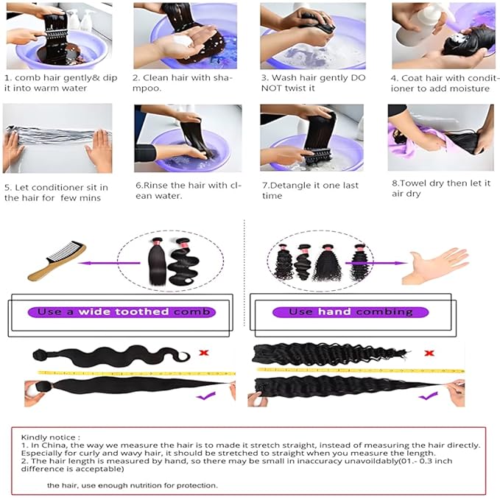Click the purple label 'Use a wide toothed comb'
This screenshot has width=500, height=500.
click(x=122, y=312)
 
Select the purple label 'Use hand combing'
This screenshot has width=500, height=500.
click(x=351, y=312)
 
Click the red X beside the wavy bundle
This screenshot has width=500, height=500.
click(x=204, y=353)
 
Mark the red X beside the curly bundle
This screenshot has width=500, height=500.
click(x=429, y=353)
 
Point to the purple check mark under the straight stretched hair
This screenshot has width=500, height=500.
click(x=205, y=396)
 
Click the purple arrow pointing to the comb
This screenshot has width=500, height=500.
click(x=109, y=263)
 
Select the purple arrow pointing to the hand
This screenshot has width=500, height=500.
click(x=376, y=263)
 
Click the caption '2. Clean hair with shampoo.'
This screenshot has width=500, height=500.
click(x=183, y=83)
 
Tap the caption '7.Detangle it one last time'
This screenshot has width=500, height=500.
click(x=310, y=191)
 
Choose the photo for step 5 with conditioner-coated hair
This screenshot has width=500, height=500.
click(x=57, y=138)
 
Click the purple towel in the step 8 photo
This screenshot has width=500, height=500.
click(x=415, y=141)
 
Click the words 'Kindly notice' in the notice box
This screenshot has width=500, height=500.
click(x=50, y=437)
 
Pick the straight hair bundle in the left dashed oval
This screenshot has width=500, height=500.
click(x=158, y=261)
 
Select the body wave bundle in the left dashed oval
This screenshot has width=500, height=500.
click(x=184, y=261)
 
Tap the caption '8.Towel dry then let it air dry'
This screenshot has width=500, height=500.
click(x=441, y=188)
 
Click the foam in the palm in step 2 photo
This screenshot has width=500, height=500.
click(x=183, y=41)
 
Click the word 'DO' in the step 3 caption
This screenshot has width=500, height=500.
click(x=358, y=78)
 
